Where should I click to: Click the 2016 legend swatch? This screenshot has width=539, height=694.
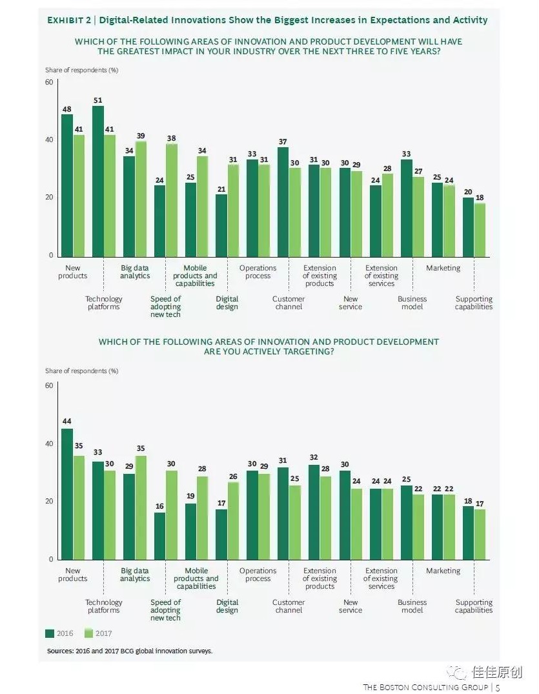point(50,633)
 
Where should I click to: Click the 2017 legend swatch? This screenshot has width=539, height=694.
point(88,633)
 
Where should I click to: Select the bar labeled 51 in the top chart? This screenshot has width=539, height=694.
point(98,181)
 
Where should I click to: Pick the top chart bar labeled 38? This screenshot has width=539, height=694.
point(172,199)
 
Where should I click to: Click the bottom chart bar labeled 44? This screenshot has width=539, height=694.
point(67,494)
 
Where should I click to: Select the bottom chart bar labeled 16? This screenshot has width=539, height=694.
point(159,536)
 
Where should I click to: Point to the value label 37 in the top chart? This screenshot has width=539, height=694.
point(283,141)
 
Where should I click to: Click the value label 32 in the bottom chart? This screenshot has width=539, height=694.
point(314,458)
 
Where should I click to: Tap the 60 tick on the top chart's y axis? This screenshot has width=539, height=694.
point(49,82)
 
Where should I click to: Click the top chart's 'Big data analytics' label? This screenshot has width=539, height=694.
point(135,272)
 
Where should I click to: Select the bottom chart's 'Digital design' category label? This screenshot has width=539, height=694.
point(227,606)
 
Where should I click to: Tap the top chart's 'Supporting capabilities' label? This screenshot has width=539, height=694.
point(474,303)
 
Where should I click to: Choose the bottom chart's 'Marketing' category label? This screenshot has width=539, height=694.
point(443,571)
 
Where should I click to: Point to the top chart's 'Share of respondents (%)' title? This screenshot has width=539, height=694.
point(81,70)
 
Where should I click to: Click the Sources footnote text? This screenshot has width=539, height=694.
point(129,651)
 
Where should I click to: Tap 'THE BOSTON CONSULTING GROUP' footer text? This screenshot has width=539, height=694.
point(426,687)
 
